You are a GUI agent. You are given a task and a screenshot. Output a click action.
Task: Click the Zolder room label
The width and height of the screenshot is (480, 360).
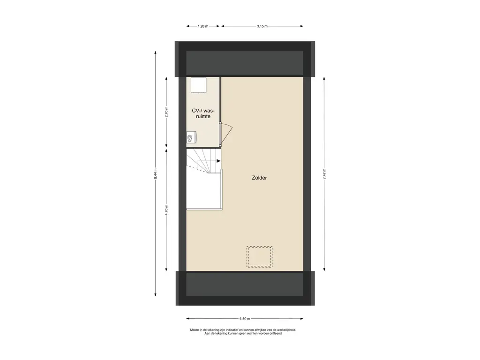[259, 178]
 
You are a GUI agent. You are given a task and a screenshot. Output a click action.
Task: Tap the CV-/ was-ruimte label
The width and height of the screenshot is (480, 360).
[203, 113]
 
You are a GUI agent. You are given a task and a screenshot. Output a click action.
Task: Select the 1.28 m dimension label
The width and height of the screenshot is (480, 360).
[202, 26]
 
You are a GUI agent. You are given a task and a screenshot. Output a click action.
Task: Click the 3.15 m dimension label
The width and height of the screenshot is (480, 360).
[262, 26]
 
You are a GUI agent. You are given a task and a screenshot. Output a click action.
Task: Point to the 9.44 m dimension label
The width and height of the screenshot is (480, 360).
[156, 173]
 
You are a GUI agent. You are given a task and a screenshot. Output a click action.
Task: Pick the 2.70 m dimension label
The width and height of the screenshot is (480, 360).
[166, 112]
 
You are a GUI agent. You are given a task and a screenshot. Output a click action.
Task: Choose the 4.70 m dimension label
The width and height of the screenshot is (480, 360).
[166, 210]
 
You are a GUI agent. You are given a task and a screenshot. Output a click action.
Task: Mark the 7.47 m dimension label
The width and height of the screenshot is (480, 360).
[324, 174]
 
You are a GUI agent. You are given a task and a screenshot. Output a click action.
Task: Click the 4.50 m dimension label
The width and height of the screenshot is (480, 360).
[245, 319]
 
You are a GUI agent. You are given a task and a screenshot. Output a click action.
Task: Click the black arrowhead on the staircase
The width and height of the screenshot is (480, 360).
[218, 161]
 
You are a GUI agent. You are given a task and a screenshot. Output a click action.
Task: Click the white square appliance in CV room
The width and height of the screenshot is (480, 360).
[198, 85]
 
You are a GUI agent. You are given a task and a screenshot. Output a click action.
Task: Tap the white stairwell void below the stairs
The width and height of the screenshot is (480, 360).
[204, 190]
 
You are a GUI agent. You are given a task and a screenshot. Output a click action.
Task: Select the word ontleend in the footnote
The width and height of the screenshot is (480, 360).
[276, 333]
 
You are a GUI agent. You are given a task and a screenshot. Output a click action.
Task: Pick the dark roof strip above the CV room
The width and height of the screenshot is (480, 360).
[245, 59]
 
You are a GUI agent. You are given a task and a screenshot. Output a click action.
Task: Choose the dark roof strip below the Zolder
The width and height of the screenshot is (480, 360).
[245, 288]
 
